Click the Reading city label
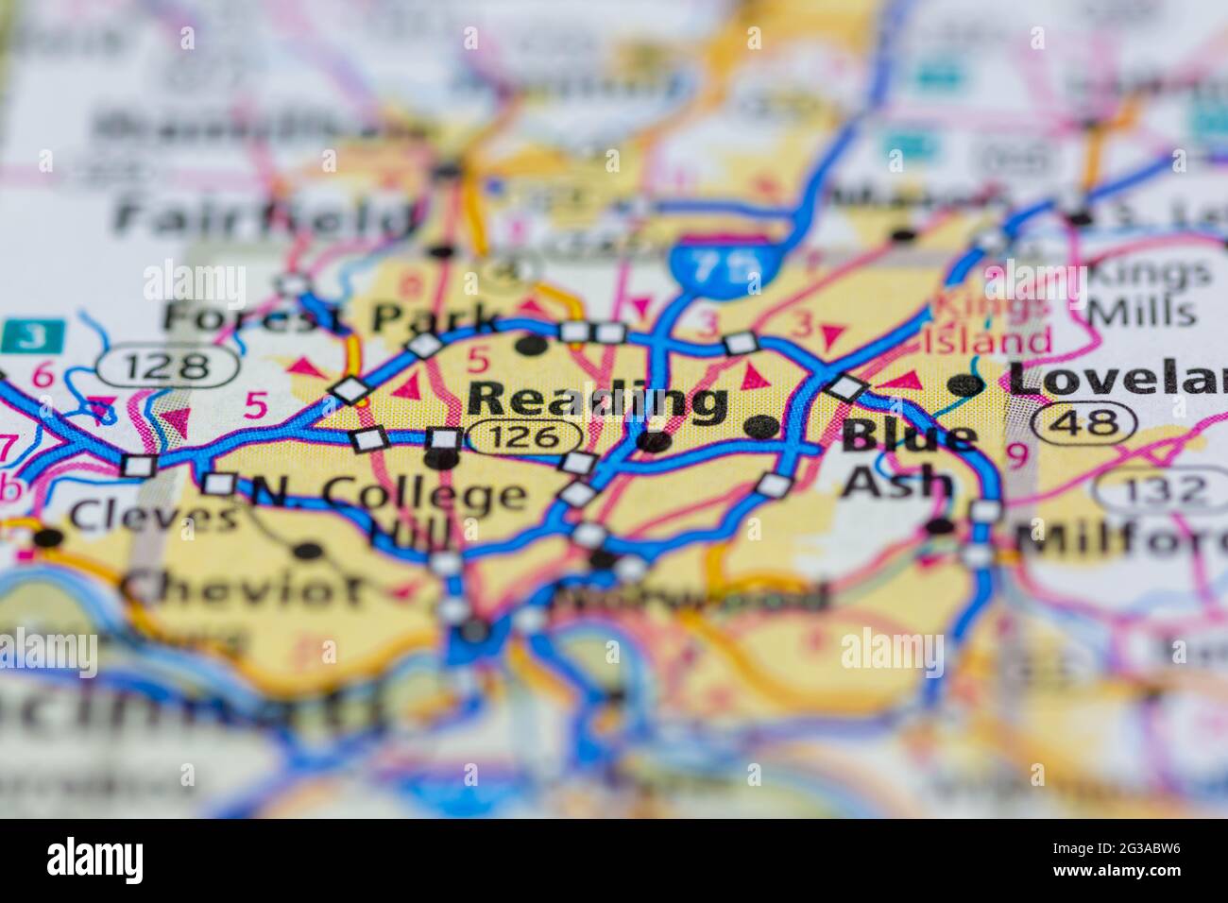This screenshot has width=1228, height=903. (x=597, y=401)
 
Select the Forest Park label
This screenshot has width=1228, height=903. (x=331, y=317)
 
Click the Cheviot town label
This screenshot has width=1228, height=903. (x=242, y=589)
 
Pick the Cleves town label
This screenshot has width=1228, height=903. (x=154, y=517)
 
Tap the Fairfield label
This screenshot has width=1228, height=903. (x=264, y=216)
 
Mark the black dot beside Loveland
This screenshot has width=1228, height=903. (x=965, y=383)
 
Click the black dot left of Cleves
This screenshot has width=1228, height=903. (x=47, y=538)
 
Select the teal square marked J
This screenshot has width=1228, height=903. (x=33, y=335)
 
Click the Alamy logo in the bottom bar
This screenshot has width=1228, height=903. (x=95, y=860)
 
